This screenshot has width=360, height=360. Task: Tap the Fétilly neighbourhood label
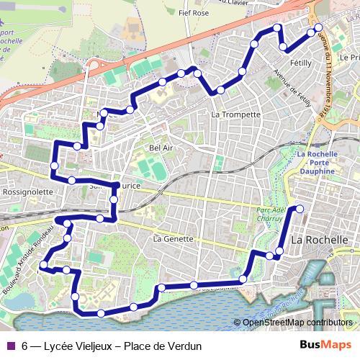point(300,63)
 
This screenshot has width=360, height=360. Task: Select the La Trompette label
point(235,114)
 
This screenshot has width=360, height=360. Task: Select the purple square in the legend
point(11,346)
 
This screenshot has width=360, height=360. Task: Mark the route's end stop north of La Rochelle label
point(300,210)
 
